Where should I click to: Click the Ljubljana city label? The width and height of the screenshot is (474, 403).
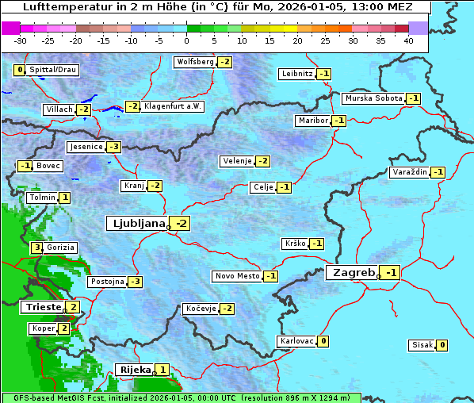point(136,224)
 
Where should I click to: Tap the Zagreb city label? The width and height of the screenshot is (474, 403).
point(353,273)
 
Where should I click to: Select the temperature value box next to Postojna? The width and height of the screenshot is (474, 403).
point(136,282)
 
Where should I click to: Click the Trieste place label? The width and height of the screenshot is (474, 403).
point(42,307)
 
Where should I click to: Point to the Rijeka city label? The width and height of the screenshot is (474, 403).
point(133,370)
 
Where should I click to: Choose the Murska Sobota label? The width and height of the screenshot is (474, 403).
point(373,98)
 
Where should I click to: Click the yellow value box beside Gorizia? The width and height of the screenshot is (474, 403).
point(36,248)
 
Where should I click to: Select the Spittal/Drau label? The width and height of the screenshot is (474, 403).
point(52,70)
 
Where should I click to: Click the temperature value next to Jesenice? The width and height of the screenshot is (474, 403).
point(114,147)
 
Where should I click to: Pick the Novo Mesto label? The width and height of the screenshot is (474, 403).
point(237,276)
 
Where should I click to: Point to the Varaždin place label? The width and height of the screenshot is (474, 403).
point(409,172)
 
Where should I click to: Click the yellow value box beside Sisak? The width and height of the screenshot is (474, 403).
point(442,345)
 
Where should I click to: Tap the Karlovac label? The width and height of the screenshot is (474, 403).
point(296,341)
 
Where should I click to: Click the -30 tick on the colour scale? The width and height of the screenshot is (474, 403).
point(21,40)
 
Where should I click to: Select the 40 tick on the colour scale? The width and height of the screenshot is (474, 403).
point(408,40)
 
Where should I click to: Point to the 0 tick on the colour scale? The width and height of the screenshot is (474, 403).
point(187,40)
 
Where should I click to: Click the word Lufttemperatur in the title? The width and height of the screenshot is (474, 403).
point(63,7)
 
